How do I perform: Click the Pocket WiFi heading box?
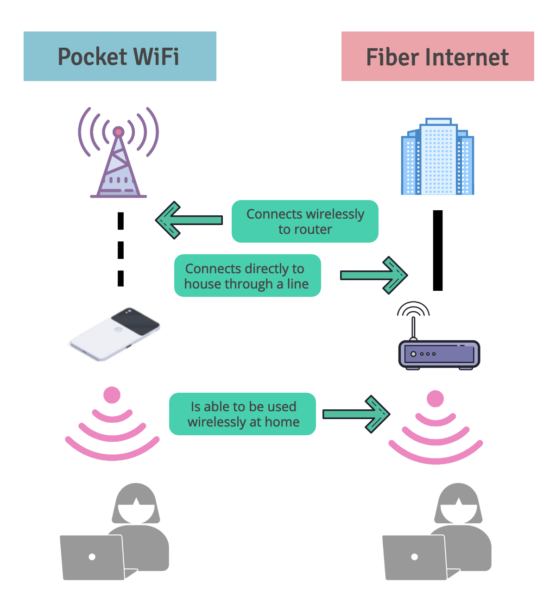click(120, 56)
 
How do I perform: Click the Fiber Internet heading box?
click(437, 56)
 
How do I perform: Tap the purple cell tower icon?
click(119, 157)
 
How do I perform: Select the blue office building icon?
click(437, 157)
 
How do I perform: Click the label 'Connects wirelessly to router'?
click(305, 221)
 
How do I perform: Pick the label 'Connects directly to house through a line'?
click(247, 276)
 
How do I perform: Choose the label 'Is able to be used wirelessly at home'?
click(242, 414)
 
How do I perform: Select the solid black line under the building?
click(437, 250)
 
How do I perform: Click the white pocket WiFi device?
click(115, 333)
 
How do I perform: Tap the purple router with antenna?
click(439, 354)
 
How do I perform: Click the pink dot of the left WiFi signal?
click(112, 395)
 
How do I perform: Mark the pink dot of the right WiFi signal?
click(435, 398)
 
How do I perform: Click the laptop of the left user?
click(93, 557)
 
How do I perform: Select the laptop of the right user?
click(415, 557)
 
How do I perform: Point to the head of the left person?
click(136, 505)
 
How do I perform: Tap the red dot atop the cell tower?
click(119, 132)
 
